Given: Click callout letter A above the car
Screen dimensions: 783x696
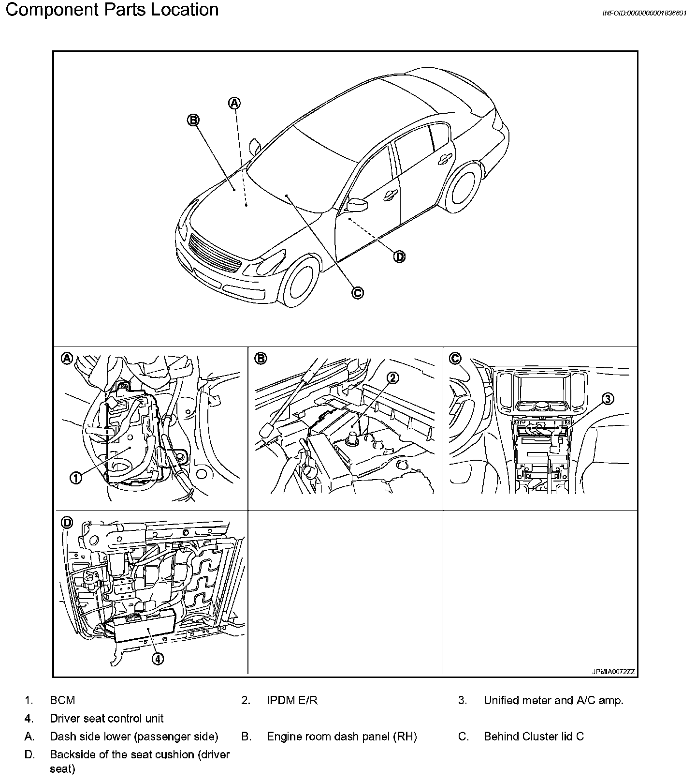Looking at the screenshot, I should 234,103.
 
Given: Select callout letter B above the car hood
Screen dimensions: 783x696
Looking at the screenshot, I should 193,120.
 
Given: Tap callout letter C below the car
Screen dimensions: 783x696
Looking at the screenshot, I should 357,293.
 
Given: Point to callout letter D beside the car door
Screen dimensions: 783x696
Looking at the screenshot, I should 399,256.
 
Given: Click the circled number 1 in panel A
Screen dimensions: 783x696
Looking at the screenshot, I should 76,478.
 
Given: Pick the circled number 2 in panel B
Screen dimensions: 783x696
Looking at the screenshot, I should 393,378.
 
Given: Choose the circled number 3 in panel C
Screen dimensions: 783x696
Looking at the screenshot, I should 608,399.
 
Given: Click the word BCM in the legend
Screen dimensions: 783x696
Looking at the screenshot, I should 62,700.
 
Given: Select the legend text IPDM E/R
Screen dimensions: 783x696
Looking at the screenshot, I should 292,700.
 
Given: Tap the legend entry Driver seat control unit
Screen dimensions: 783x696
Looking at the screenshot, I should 106,719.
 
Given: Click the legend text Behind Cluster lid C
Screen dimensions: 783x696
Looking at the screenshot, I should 534,737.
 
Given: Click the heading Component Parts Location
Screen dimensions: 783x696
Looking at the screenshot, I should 112,10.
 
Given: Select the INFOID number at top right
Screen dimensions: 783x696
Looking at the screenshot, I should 644,13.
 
